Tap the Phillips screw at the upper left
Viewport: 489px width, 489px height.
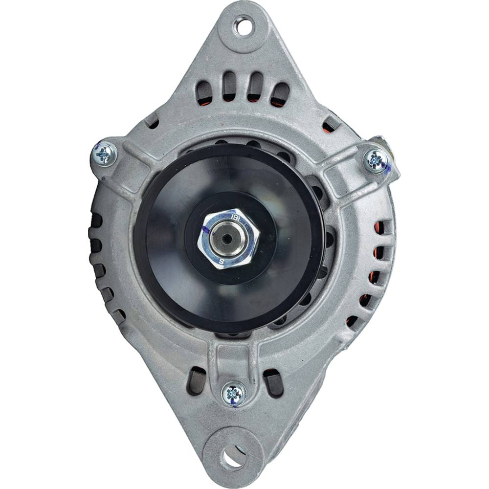click(x=104, y=155)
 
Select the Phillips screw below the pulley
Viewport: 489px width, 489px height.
click(x=234, y=393)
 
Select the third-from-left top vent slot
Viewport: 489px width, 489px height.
click(x=255, y=87)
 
